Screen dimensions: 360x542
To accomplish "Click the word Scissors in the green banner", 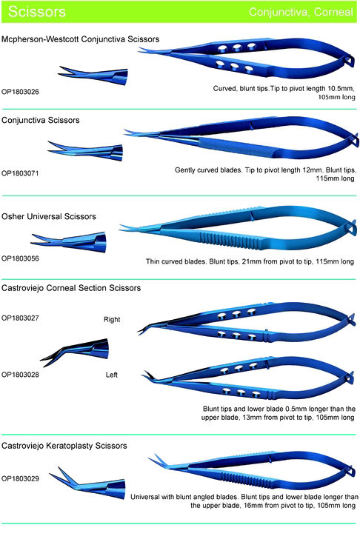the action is tap(37, 11).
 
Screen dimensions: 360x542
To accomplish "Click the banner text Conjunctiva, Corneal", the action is tap(301, 12).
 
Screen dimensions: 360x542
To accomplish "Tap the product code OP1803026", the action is tap(20, 92).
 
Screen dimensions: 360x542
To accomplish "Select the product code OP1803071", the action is tap(20, 173).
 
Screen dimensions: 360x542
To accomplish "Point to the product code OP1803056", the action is tap(20, 258).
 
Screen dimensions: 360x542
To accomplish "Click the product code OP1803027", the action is tap(20, 318).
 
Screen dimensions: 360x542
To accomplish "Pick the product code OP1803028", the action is tap(20, 375).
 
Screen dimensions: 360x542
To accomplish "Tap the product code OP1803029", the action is tap(20, 479).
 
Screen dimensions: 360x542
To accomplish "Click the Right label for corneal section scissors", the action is tap(112, 320).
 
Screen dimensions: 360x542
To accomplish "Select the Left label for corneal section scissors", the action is tap(111, 375).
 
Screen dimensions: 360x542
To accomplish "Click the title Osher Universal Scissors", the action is tap(49, 217).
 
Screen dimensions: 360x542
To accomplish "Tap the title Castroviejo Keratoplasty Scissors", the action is tap(64, 446).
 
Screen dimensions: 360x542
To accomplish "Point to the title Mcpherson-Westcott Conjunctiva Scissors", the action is tap(80, 39).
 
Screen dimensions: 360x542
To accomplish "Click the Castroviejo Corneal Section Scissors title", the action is tap(71, 288).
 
